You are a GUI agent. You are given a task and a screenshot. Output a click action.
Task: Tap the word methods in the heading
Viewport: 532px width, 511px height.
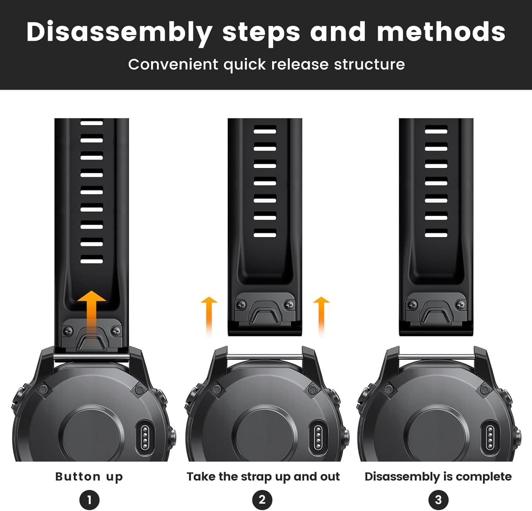[x=441, y=32]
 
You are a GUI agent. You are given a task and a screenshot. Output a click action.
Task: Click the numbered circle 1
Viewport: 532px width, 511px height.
[x=89, y=500]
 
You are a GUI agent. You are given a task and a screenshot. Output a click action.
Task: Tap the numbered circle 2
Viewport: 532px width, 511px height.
[x=262, y=500]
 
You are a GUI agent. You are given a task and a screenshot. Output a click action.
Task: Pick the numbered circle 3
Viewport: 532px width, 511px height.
[x=438, y=500]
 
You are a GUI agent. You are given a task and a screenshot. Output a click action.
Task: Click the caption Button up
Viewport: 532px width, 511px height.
[x=89, y=477]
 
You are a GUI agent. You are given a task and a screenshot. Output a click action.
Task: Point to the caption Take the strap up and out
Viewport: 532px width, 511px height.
[x=263, y=477]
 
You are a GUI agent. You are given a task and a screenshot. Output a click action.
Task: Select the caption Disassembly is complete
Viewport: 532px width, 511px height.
[x=438, y=477]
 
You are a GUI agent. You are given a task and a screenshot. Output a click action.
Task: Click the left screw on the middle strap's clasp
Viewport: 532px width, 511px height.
[x=241, y=304]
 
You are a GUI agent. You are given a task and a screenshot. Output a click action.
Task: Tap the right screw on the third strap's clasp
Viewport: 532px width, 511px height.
[x=461, y=304]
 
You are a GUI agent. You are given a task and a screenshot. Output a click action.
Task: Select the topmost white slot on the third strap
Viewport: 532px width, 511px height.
[x=436, y=130]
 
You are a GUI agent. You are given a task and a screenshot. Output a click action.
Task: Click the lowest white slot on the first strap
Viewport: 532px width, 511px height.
[x=92, y=261]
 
